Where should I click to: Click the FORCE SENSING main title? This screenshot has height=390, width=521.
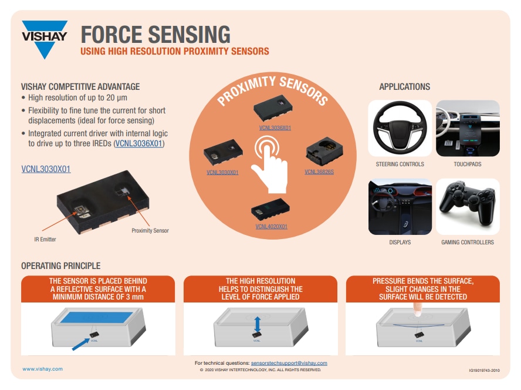tap(155, 35)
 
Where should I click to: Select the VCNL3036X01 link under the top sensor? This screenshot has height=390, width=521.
tap(275, 127)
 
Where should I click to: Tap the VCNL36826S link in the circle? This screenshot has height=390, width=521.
tap(319, 172)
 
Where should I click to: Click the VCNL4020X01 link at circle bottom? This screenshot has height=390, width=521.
tap(272, 226)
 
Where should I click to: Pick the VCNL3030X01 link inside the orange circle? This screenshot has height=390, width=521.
tap(222, 173)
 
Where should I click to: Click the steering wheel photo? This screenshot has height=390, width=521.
tap(400, 128)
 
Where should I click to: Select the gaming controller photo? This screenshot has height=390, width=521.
tap(468, 206)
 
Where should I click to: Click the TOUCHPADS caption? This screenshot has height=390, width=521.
tap(467, 164)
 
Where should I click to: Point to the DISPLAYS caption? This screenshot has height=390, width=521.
tap(400, 242)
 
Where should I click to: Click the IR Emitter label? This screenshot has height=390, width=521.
tap(45, 240)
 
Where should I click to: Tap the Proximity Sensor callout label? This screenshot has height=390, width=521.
tap(150, 231)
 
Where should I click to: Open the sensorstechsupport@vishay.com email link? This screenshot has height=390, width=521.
tap(289, 364)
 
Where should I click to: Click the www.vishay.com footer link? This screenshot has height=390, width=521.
tap(42, 369)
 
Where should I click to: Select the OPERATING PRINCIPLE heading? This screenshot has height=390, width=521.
tap(60, 266)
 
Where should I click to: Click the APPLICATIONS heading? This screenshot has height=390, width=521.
tap(404, 87)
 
